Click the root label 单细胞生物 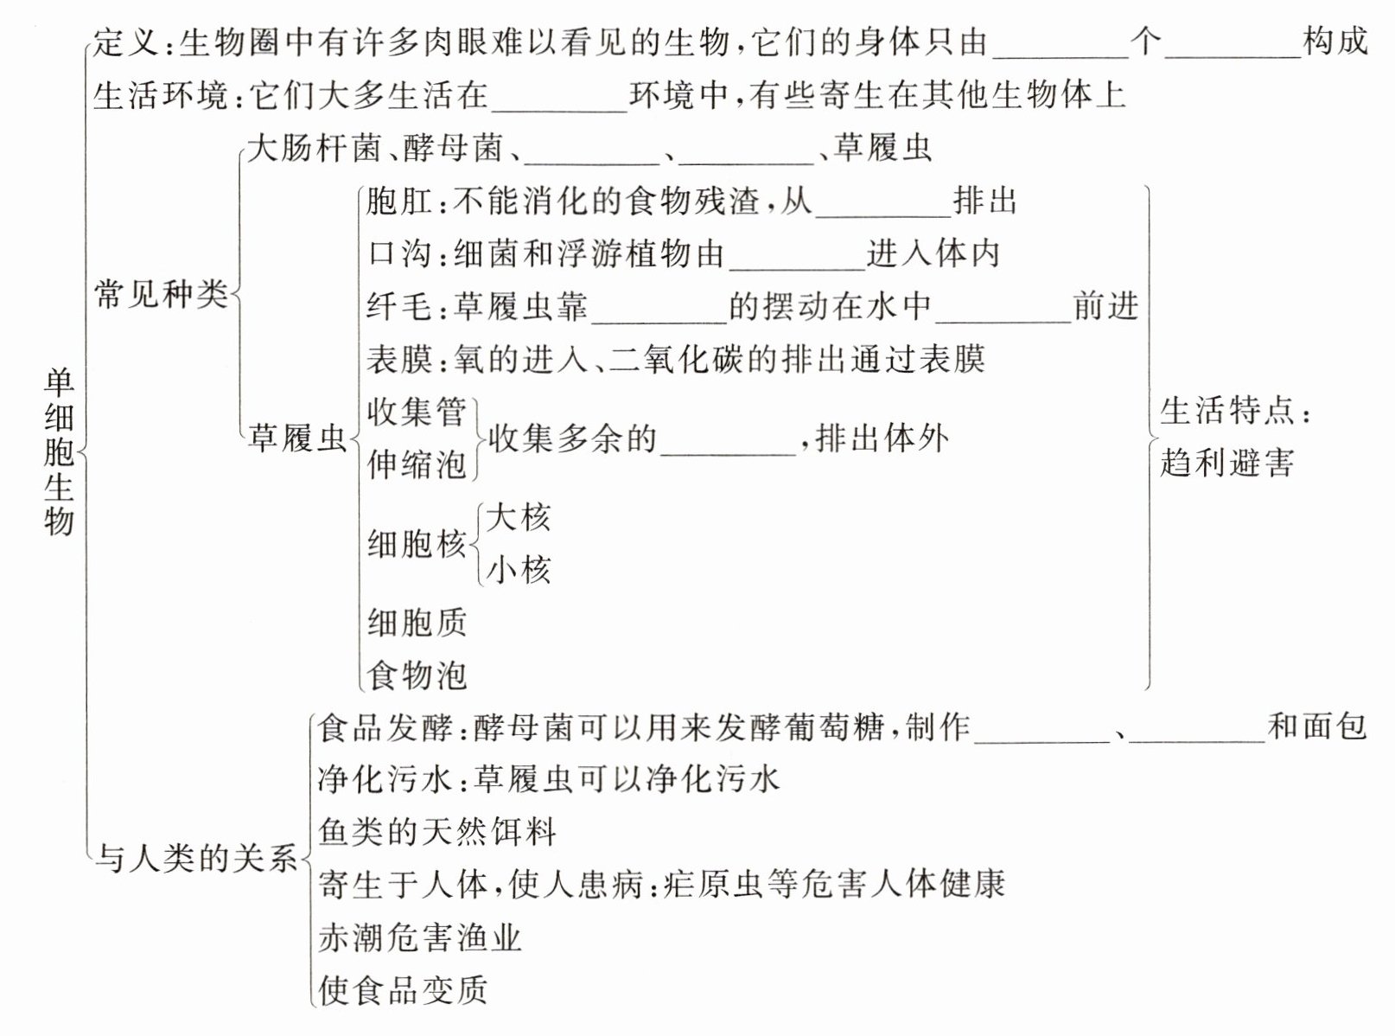(59, 451)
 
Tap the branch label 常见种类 (161, 295)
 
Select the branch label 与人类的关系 (196, 859)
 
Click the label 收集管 (417, 412)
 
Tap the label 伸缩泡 (417, 464)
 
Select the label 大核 (518, 517)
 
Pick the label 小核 (518, 570)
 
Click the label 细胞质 (417, 622)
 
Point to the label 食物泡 (417, 675)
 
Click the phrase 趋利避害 (1226, 464)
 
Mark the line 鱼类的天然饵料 (436, 832)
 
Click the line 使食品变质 (403, 990)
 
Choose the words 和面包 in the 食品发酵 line (1317, 726)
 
